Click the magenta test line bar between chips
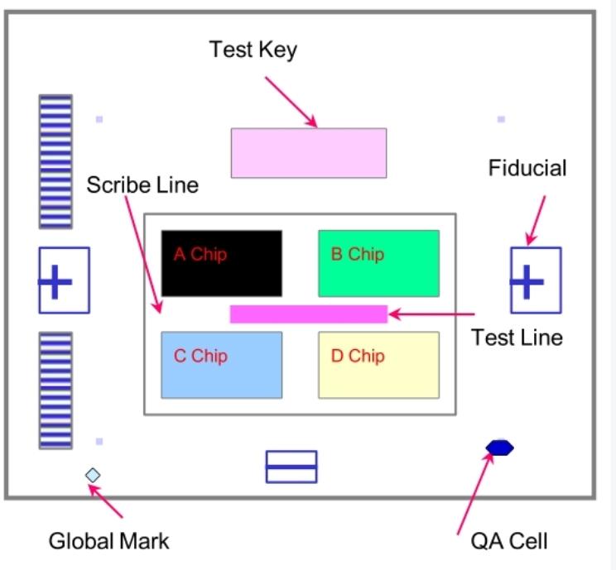click(308, 314)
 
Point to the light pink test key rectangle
click(308, 153)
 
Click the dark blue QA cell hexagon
click(499, 448)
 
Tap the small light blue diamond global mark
click(93, 475)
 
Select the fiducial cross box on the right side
click(535, 280)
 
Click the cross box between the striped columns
click(64, 280)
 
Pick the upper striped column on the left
click(55, 161)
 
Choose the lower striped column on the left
click(55, 390)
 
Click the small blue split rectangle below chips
click(291, 467)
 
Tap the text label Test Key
click(253, 50)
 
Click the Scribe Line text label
click(142, 184)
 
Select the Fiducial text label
click(527, 169)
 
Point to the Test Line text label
click(517, 338)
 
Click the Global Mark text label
click(108, 542)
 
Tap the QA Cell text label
click(509, 542)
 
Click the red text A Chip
click(200, 254)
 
